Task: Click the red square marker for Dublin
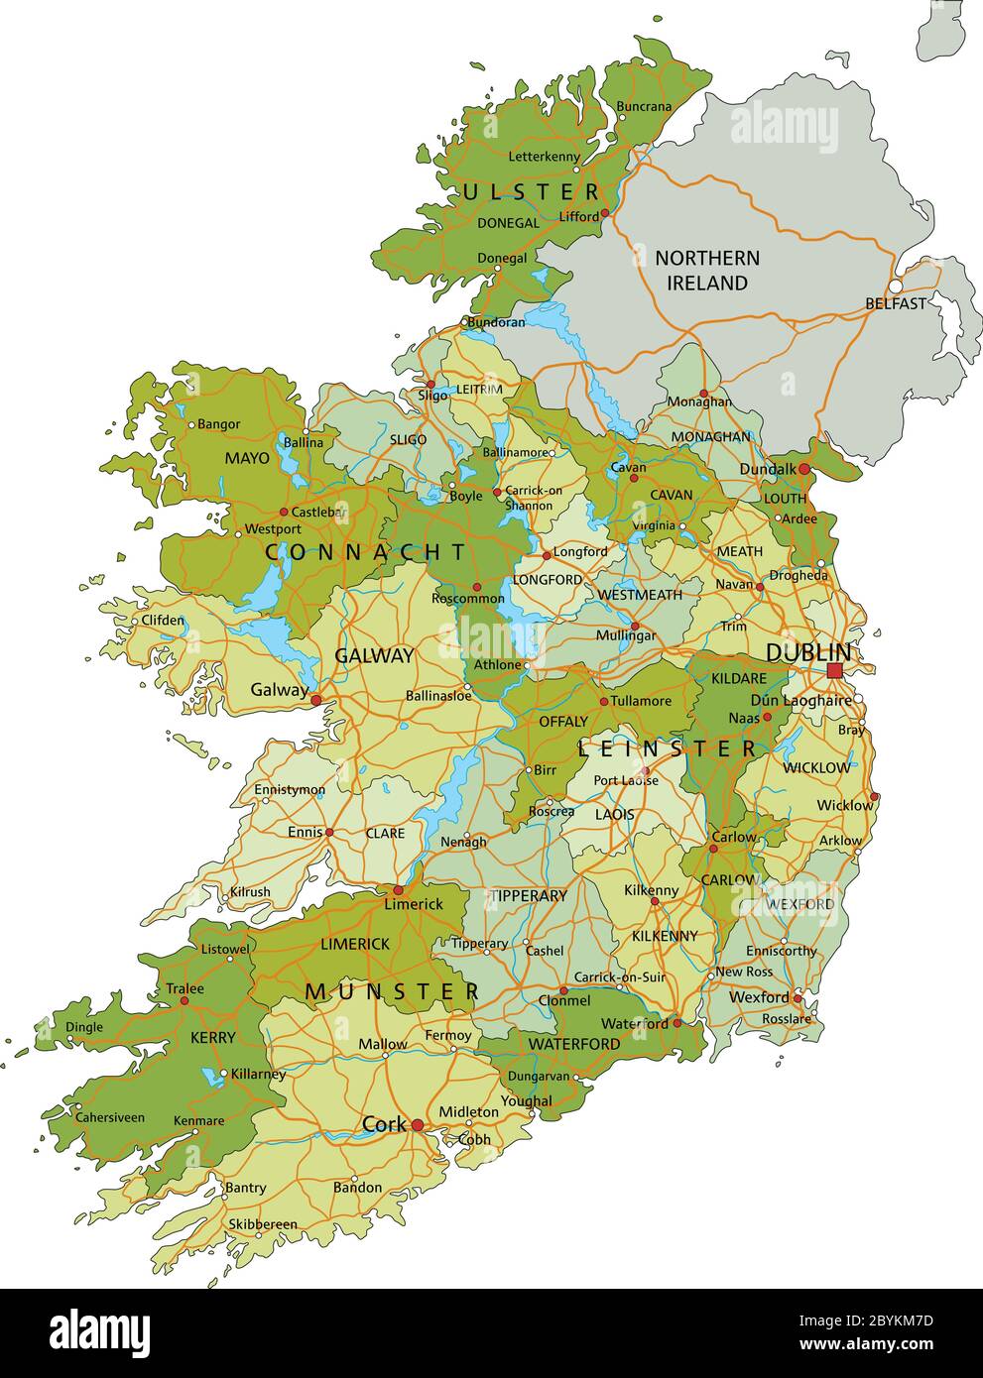[x=834, y=671]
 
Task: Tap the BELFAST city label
[x=895, y=303]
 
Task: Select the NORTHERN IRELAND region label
[x=707, y=271]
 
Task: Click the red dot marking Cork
[x=418, y=1125]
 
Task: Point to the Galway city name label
[x=279, y=690]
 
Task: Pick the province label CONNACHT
[x=365, y=553]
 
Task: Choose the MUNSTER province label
[x=393, y=991]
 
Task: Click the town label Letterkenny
[x=544, y=157]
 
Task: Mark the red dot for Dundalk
[x=803, y=469]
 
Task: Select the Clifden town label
[x=163, y=621]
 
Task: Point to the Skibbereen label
[x=262, y=1224]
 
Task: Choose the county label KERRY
[x=213, y=1038]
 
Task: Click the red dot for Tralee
[x=184, y=1001]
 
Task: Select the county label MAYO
[x=247, y=458]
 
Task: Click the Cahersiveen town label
[x=110, y=1117]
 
